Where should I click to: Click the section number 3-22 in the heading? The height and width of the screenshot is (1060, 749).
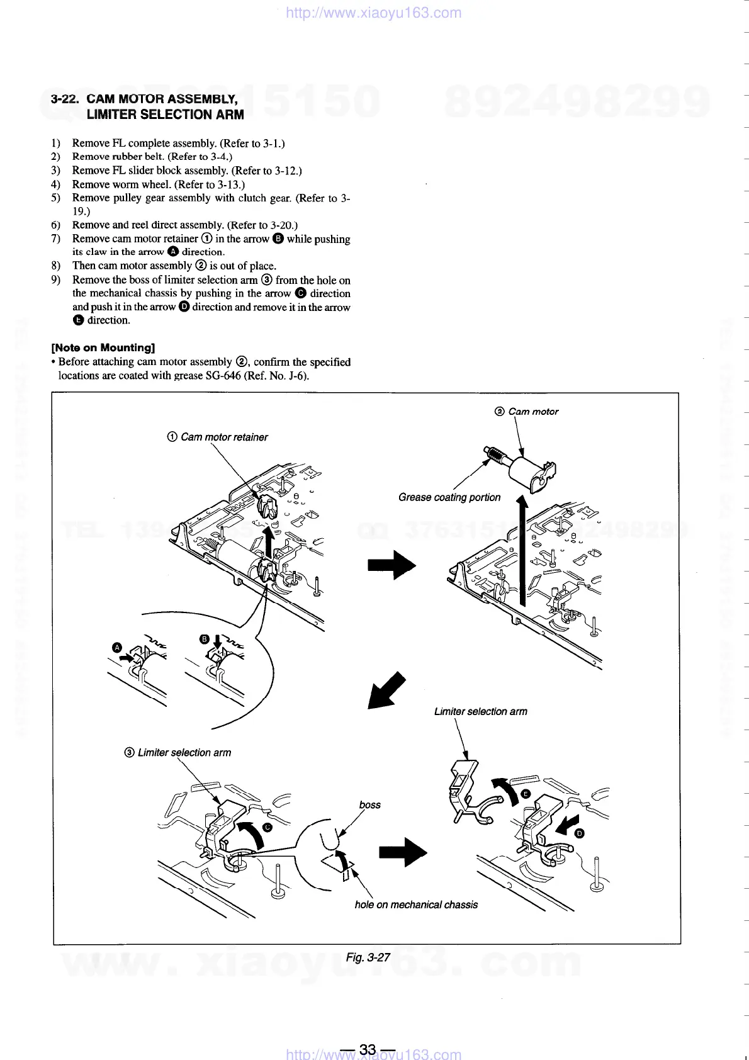point(65,99)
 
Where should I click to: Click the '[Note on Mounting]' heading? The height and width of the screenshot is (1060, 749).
point(103,347)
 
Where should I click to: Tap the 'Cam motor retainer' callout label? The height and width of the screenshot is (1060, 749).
point(223,437)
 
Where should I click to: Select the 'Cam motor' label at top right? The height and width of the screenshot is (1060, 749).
point(532,412)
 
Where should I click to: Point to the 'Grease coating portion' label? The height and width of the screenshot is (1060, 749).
point(449,497)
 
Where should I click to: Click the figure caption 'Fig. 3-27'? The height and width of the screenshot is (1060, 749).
point(368,957)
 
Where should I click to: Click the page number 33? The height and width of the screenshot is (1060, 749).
point(368,1049)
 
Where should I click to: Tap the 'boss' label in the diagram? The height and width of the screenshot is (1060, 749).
point(370,804)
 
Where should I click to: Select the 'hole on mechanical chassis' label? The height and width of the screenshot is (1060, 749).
point(416,905)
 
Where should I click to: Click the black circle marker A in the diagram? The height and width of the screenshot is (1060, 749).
point(116,647)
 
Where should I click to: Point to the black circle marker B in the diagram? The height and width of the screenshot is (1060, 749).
point(204,639)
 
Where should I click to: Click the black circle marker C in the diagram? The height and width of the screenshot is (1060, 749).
point(267,827)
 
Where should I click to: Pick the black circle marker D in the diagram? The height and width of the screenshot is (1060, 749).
point(580,834)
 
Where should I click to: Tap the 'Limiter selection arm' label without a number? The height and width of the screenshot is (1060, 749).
point(480,711)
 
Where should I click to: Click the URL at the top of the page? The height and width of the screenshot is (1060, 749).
point(373,13)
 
